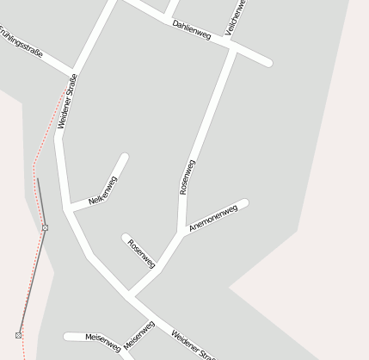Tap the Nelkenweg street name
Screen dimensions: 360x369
(x=102, y=190)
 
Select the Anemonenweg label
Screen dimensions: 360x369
(x=212, y=219)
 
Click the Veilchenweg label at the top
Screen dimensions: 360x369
(x=235, y=17)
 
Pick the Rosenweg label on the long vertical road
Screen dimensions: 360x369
(x=187, y=177)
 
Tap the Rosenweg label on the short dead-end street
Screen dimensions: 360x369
(x=141, y=252)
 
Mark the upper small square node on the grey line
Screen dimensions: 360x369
(x=45, y=227)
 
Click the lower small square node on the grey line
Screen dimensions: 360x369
(x=18, y=334)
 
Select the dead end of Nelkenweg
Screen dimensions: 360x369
(x=125, y=158)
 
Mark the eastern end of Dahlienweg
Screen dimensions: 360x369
(x=268, y=62)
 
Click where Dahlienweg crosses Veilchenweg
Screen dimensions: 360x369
(x=233, y=47)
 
